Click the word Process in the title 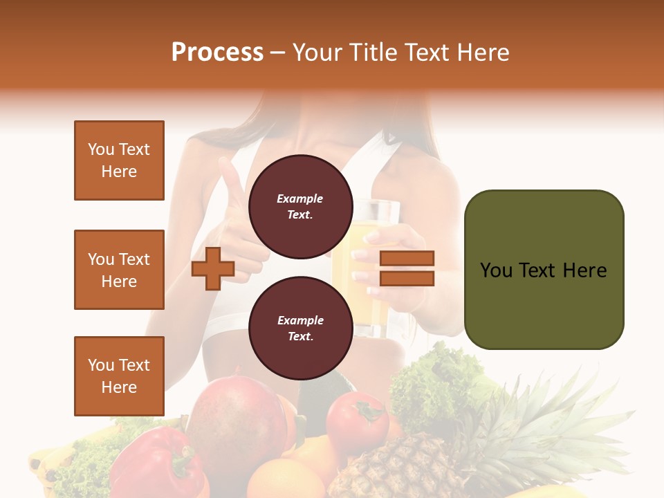[217, 53]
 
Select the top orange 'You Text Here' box [119, 160]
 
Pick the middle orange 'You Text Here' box [119, 270]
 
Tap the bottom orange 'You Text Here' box [119, 376]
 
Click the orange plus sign [213, 269]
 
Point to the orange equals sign [407, 269]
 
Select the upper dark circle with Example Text [300, 206]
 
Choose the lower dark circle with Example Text [300, 328]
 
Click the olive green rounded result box [544, 270]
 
